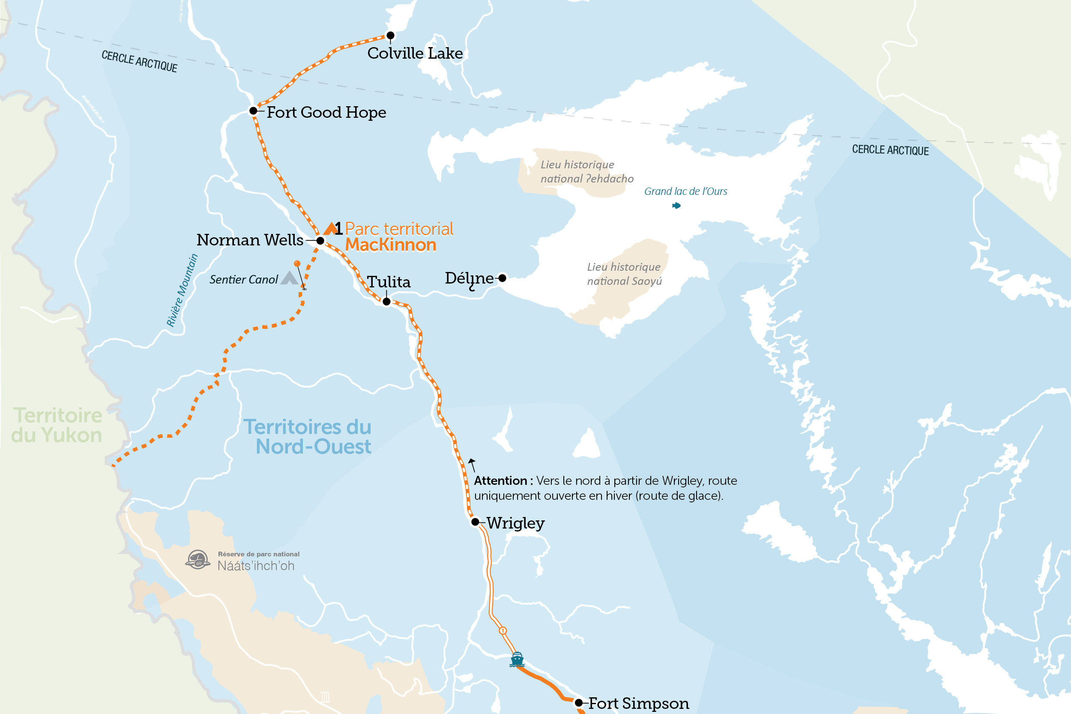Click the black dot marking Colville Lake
tap(390, 36)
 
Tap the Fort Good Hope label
tap(326, 112)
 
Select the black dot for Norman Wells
tap(320, 241)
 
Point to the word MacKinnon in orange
tap(390, 245)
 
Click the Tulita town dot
tap(386, 302)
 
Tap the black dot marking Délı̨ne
tap(502, 278)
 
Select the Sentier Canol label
tap(243, 280)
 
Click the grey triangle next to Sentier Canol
tap(289, 278)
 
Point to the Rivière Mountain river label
tap(182, 290)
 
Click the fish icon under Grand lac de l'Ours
tap(676, 206)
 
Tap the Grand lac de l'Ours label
tap(685, 191)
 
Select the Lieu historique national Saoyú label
tap(624, 274)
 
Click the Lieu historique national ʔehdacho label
tap(586, 172)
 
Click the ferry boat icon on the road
tap(517, 659)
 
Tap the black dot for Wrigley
tap(475, 522)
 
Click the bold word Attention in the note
tap(500, 481)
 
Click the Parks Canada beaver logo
tap(197, 560)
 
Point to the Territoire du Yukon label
tap(57, 425)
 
